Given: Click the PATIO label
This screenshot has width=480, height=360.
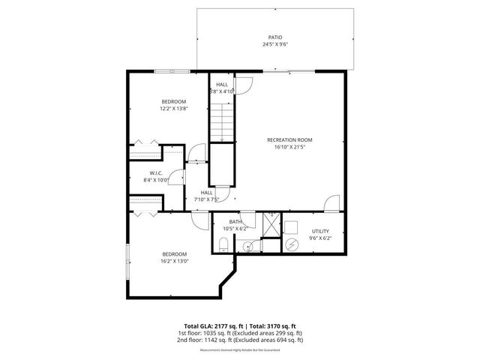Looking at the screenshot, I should pos(275,36).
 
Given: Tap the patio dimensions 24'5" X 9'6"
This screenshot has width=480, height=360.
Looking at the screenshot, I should pos(275,43).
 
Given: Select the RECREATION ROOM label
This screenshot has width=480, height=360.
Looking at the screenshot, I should pos(289,140).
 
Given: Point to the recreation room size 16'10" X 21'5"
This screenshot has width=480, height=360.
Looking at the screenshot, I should pos(289,148).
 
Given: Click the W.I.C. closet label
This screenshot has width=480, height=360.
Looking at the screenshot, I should pos(156,172).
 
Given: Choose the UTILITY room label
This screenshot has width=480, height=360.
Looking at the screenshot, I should pos(320,231).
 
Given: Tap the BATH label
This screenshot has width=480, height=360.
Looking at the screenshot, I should pos(235,221).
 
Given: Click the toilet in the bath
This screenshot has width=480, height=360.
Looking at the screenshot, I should pos(223,242).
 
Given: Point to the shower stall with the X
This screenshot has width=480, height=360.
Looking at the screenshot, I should pos(272,222).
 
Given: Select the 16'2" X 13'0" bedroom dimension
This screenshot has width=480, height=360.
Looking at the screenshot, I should pos(173,261).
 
